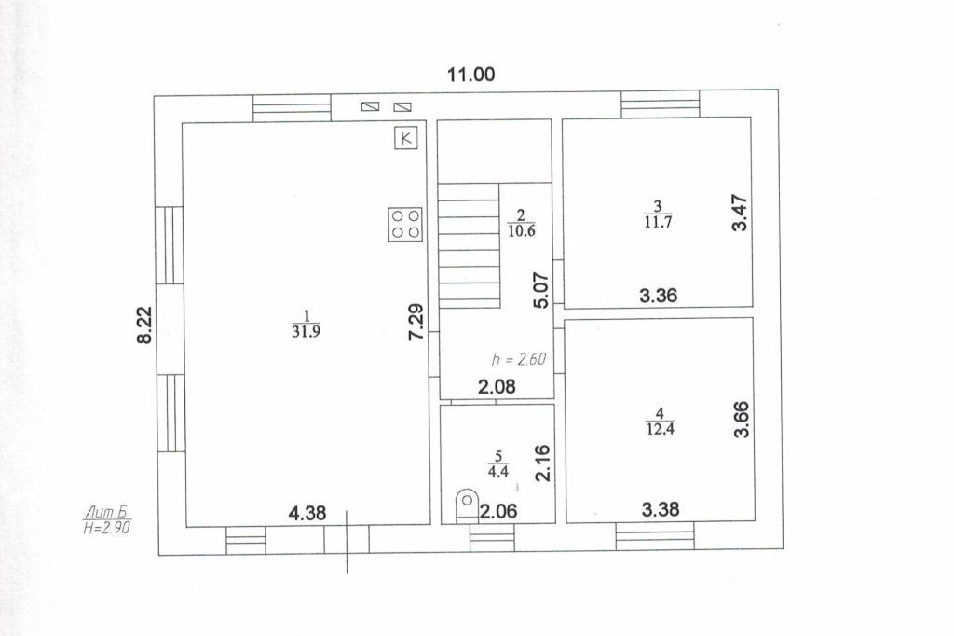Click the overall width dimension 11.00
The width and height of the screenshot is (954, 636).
tap(470, 75)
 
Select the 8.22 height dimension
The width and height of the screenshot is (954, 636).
tap(144, 325)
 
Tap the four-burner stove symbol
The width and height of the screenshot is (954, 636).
tap(405, 224)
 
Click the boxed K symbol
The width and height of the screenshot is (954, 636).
tap(406, 138)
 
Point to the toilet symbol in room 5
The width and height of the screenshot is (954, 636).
tap(466, 505)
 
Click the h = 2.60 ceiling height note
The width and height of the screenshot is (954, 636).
tap(518, 359)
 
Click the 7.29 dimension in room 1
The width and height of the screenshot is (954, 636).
tap(416, 322)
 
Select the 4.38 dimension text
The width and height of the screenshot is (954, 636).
tap(307, 514)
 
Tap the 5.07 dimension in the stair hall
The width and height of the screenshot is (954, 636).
tap(541, 290)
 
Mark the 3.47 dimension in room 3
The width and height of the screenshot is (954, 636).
tap(739, 213)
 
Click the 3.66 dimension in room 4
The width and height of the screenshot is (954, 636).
tap(742, 419)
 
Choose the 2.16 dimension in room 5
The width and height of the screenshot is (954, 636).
tap(542, 463)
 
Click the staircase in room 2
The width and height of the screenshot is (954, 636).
tap(470, 245)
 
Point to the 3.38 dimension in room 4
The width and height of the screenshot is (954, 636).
tap(661, 508)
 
